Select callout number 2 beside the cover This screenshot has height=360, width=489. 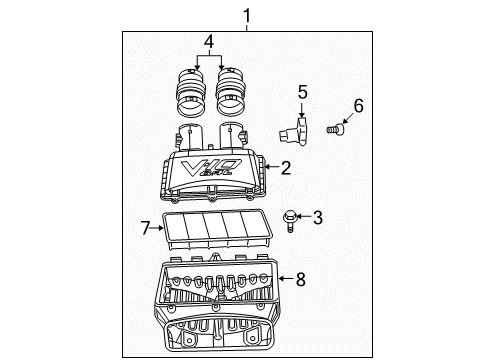(x=285, y=169)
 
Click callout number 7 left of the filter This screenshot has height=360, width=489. (x=145, y=228)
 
